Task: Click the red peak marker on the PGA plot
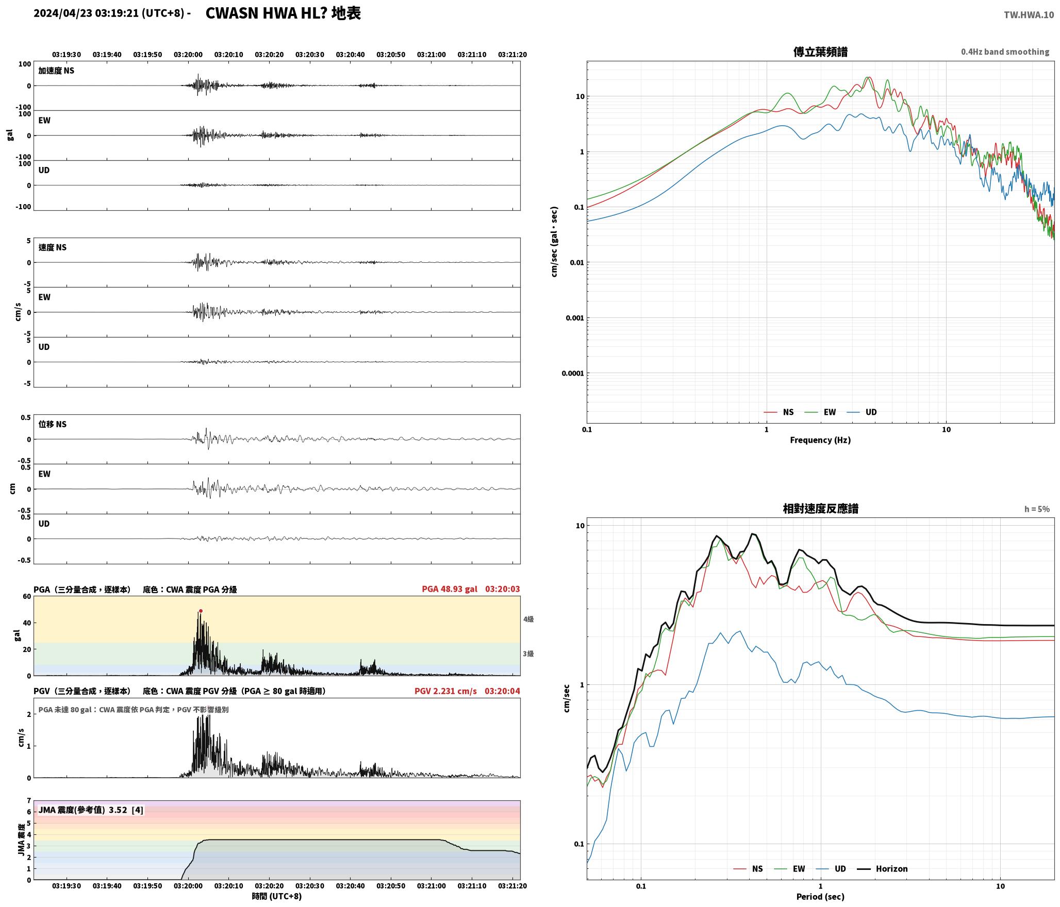click(201, 611)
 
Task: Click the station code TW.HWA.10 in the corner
click(1029, 15)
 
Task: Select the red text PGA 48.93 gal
click(450, 589)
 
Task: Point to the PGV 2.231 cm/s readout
click(445, 691)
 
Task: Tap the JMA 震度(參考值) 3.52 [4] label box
click(91, 810)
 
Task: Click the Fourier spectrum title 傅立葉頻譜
click(820, 52)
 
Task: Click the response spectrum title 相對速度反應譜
click(820, 509)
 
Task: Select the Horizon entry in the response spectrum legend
click(882, 869)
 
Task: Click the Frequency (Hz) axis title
click(820, 440)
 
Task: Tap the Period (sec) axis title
click(820, 897)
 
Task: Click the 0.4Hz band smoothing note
click(1005, 52)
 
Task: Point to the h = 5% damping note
click(1037, 509)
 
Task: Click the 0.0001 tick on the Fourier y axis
click(572, 373)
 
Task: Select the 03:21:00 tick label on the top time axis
click(432, 55)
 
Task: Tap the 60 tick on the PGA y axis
click(26, 597)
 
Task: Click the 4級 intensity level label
click(528, 619)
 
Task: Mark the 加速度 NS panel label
click(56, 71)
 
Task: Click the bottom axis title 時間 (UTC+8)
click(277, 897)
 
